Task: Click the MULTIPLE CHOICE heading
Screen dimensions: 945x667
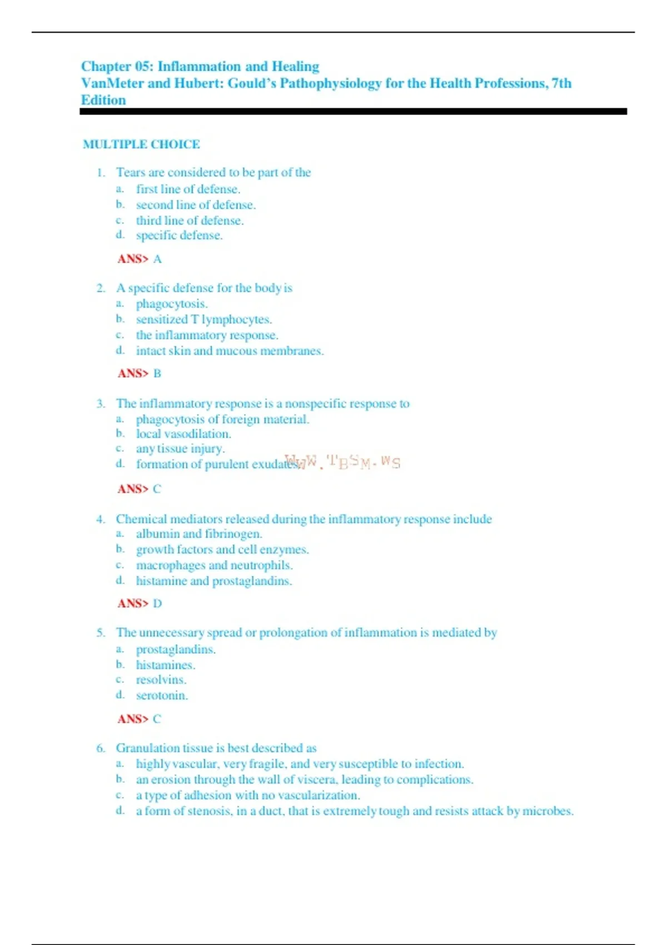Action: (141, 145)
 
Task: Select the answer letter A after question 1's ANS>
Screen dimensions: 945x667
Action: (157, 259)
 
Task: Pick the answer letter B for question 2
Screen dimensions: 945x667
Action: (157, 374)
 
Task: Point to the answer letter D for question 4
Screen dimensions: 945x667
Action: (157, 604)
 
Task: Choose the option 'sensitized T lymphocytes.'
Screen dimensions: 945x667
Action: (203, 320)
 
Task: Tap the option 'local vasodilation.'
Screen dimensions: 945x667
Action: (183, 434)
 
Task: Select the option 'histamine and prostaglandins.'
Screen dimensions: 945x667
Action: (214, 581)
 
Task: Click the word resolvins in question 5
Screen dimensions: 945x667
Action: (160, 680)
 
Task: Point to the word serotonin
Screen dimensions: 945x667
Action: (161, 695)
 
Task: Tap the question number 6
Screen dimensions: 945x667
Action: (101, 748)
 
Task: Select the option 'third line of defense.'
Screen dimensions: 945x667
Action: (190, 221)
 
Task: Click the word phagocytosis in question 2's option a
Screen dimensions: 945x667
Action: (171, 304)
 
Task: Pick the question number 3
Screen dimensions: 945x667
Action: (101, 404)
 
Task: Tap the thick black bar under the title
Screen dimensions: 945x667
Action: (353, 112)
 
